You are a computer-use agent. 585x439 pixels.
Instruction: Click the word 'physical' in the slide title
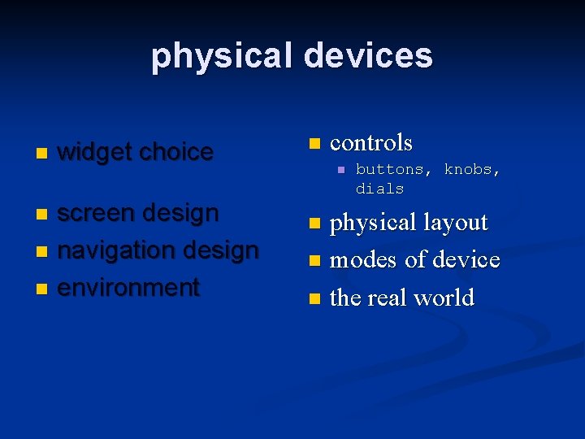(x=223, y=56)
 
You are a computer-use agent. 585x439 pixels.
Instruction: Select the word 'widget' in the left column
(x=95, y=152)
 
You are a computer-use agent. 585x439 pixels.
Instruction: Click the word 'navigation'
(x=119, y=250)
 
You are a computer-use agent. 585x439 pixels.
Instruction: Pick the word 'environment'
(x=128, y=288)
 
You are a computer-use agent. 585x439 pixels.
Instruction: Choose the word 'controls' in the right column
(x=371, y=143)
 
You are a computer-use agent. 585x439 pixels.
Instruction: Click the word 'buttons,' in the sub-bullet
(x=394, y=170)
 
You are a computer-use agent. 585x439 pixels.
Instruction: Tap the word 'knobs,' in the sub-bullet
(x=472, y=170)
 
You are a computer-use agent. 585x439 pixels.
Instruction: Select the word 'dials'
(x=379, y=189)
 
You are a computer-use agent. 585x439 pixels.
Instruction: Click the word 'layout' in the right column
(x=450, y=223)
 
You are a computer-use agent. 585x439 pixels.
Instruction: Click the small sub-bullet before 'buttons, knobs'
(x=341, y=170)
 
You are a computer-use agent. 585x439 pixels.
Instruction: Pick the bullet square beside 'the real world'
(x=314, y=299)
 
